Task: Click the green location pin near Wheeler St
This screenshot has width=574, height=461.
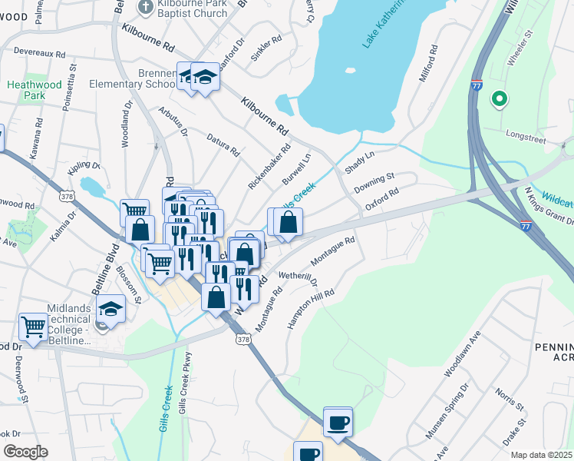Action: coord(499,98)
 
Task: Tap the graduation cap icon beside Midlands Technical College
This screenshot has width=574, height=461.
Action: coord(111,310)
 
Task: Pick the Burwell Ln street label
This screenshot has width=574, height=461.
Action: coord(296,168)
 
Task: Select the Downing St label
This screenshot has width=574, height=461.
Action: coord(374,184)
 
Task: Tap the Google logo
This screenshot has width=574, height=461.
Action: coord(25,452)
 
